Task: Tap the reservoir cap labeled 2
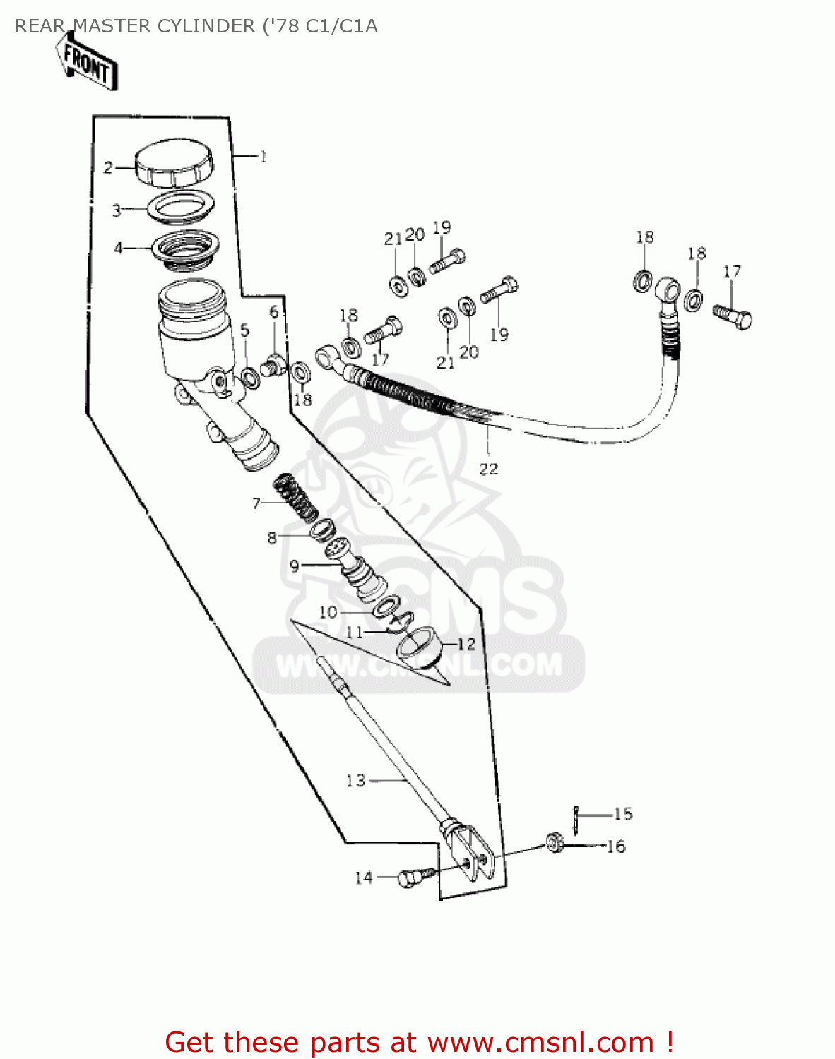174,164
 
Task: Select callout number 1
263,157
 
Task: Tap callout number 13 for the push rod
355,780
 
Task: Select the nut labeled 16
555,843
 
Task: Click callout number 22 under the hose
488,469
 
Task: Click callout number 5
244,330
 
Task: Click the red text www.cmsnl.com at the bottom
540,1042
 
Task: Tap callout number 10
328,612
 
